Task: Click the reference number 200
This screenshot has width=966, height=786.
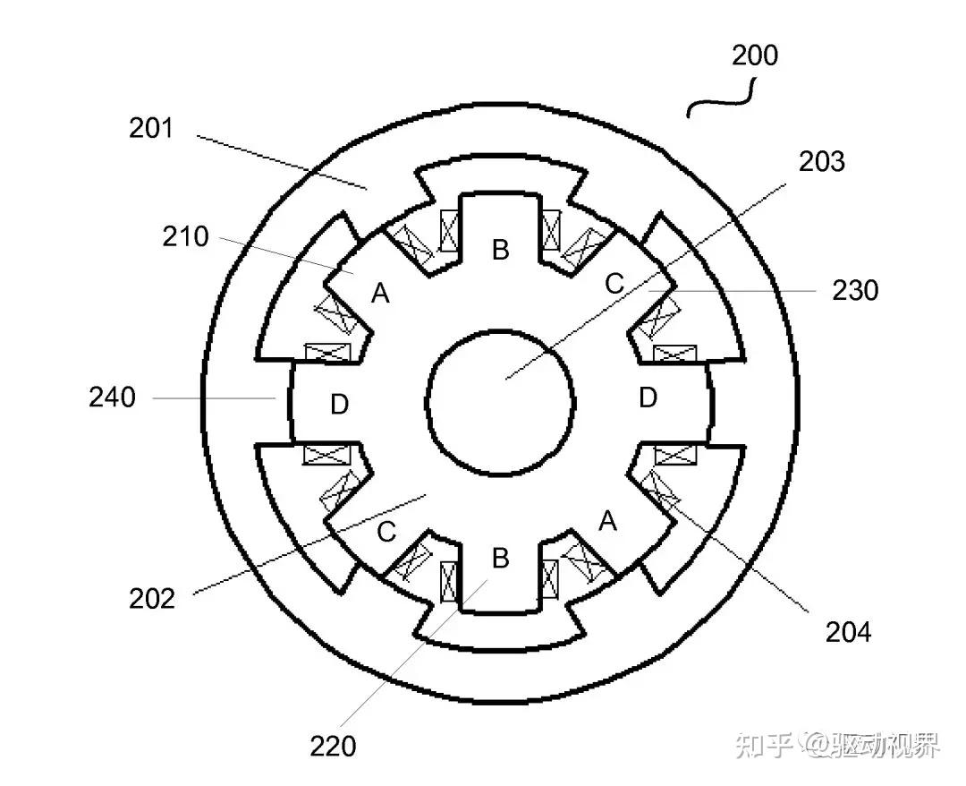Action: tap(755, 56)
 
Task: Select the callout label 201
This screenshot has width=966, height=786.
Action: tap(150, 129)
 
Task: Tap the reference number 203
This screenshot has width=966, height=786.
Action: tap(822, 161)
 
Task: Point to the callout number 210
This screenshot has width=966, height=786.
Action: tap(185, 237)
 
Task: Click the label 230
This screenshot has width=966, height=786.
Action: tap(855, 291)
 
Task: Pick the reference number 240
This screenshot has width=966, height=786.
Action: tap(112, 397)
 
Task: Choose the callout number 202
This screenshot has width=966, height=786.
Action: tap(152, 598)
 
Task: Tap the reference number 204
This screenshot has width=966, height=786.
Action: tap(848, 632)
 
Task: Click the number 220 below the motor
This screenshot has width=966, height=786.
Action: tap(333, 745)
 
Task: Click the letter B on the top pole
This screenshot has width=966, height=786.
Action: tap(501, 250)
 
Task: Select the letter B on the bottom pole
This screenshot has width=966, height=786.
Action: tap(501, 559)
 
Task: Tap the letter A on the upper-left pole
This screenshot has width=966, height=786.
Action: tap(381, 293)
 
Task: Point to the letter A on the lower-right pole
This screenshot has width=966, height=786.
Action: tap(608, 520)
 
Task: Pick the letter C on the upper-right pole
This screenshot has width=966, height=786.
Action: tap(614, 284)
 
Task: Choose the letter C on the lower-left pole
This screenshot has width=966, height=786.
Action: tap(386, 532)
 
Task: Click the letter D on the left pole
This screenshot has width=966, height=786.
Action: tap(339, 406)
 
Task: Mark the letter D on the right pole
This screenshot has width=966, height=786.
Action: tap(648, 397)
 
